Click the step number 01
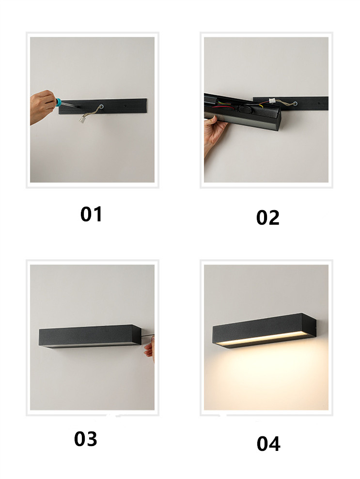pos(92,214)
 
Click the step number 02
pos(268,217)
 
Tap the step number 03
pos(86,439)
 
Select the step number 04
pos(268,443)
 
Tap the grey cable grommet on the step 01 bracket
pos(101,108)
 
